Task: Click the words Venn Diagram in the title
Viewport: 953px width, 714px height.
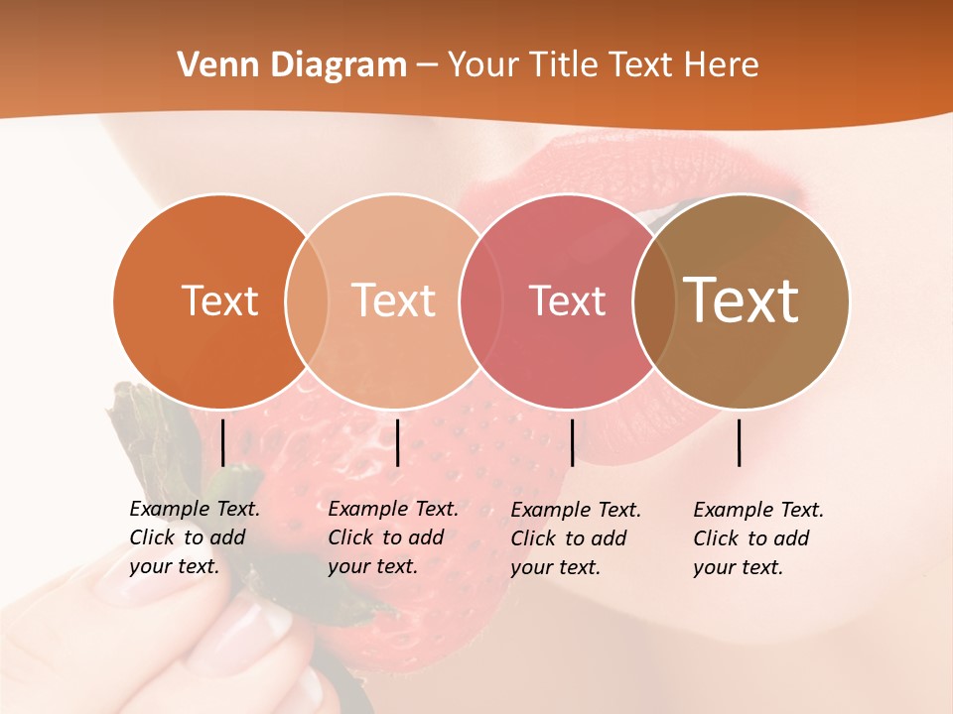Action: tap(292, 65)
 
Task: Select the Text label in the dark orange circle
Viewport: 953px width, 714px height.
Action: tap(219, 300)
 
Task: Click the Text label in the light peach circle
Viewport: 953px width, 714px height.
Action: tap(394, 300)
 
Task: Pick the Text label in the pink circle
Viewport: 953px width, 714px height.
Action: tap(567, 300)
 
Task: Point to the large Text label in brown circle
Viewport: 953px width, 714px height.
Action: tap(742, 299)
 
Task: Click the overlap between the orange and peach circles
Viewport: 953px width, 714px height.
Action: tap(307, 301)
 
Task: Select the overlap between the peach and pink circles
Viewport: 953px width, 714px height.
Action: tap(479, 301)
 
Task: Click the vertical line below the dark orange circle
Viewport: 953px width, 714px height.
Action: tap(222, 442)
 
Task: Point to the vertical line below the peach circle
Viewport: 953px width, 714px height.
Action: tap(397, 442)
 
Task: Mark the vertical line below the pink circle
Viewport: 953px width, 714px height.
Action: tap(572, 442)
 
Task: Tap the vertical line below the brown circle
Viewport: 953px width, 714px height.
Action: tap(740, 442)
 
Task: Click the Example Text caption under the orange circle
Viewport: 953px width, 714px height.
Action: tap(195, 537)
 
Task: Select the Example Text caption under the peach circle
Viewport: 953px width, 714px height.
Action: tap(393, 537)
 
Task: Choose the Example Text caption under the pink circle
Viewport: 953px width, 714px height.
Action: tap(576, 538)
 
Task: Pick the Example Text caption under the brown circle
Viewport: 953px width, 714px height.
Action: tap(758, 538)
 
